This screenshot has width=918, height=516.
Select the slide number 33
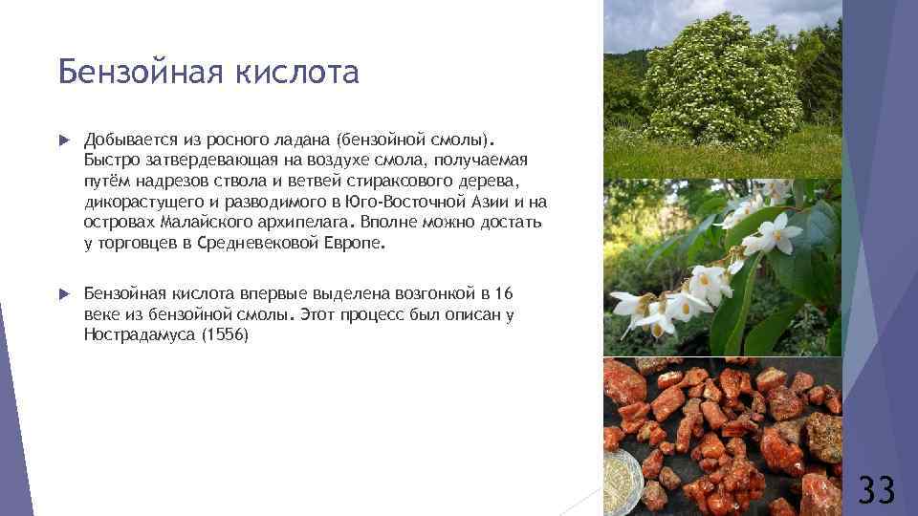(x=876, y=489)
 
